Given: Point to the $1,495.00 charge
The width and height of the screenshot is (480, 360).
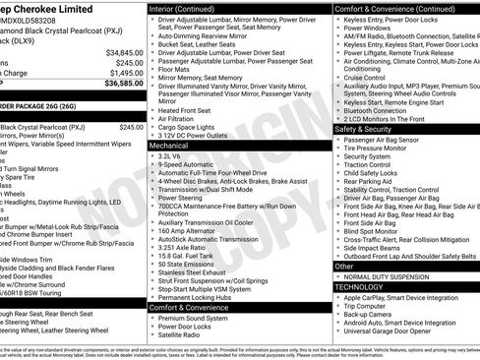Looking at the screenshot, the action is click(x=125, y=73).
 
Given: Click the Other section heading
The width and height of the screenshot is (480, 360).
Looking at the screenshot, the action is click(x=344, y=266).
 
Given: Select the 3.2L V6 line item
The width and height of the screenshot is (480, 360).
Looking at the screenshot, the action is click(x=169, y=155).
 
